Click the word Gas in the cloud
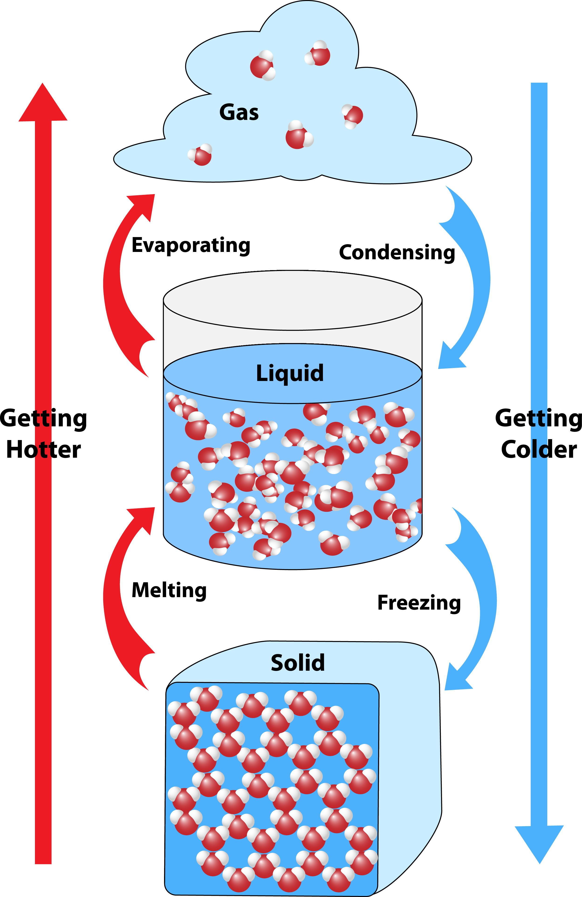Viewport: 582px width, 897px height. pyautogui.click(x=239, y=112)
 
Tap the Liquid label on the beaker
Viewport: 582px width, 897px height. pyautogui.click(x=290, y=373)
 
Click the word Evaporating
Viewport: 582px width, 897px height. pyautogui.click(x=191, y=245)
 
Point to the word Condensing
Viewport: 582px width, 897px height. pyautogui.click(x=397, y=253)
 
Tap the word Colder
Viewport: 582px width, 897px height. pyautogui.click(x=539, y=450)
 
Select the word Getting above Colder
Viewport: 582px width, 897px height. pyautogui.click(x=539, y=418)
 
